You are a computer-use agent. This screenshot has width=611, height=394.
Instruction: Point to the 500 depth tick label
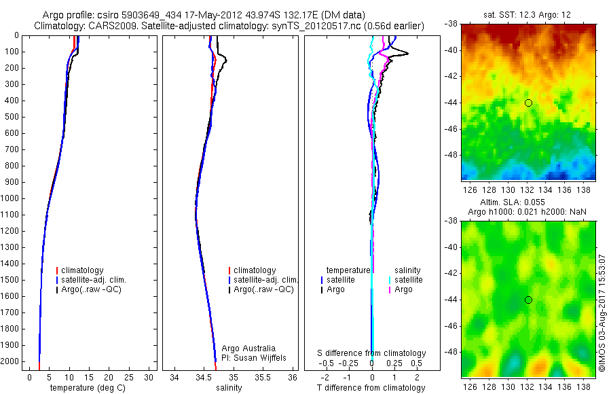pos(12,117)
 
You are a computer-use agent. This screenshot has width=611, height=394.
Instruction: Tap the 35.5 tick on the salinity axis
pos(264,377)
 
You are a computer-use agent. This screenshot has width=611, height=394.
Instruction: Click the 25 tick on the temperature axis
pos(129,377)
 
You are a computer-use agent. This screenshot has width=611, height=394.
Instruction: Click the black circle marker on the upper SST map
pos(528,103)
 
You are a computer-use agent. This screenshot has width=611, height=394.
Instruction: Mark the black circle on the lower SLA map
pos(528,300)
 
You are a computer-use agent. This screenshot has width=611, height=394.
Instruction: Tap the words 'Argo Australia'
pos(248,348)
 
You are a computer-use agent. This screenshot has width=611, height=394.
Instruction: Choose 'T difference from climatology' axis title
pos(372,388)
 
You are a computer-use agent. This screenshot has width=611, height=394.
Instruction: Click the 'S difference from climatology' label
pos(372,353)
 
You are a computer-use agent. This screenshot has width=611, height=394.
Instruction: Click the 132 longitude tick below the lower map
pos(527,386)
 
